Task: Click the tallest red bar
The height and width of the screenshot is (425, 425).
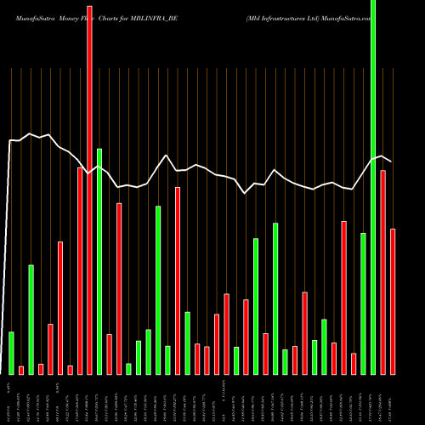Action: [x=90, y=187]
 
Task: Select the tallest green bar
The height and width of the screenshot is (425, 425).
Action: [x=373, y=187]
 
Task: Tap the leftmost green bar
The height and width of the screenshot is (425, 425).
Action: [x=11, y=353]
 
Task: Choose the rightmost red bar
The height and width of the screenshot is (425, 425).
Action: [x=393, y=302]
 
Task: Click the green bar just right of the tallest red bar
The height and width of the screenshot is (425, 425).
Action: [x=99, y=262]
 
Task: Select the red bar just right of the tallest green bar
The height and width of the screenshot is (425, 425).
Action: [x=383, y=272]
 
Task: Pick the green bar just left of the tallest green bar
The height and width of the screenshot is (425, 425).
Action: [x=364, y=303]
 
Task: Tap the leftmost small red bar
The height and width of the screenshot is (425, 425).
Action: [x=21, y=370]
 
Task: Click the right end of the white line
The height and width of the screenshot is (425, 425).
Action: [x=392, y=161]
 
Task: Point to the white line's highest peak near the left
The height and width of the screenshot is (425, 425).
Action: [x=31, y=133]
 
